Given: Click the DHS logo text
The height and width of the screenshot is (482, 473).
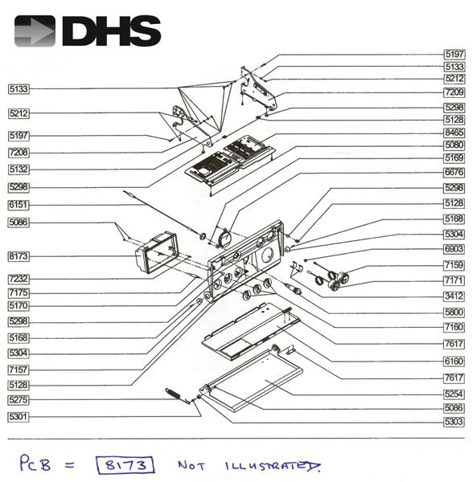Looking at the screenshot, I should [110, 31].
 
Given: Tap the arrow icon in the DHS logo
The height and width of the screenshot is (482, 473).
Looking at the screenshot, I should [35, 31].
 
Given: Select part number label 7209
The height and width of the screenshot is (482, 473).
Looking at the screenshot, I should [454, 92].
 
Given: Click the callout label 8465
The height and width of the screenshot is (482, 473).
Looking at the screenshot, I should [454, 132].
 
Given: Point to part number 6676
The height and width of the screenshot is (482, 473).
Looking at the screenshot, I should [454, 171].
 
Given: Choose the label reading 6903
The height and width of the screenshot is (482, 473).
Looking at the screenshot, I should [454, 250].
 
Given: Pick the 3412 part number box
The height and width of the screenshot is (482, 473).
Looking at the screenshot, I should [454, 296].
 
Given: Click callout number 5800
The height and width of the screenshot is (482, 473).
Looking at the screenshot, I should [454, 312].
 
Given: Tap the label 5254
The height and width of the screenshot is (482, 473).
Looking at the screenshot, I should [454, 394].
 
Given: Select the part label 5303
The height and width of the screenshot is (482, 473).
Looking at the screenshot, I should [454, 421].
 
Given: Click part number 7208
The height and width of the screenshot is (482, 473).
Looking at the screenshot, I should [19, 152].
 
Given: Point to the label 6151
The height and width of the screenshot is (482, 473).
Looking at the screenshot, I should [19, 205].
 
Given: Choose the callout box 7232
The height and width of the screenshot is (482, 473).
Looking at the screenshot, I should [19, 278].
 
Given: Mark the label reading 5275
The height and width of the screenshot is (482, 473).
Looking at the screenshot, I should [19, 399].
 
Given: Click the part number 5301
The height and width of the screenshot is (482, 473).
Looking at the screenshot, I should [19, 416].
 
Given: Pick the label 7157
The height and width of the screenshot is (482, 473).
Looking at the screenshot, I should [19, 369].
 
